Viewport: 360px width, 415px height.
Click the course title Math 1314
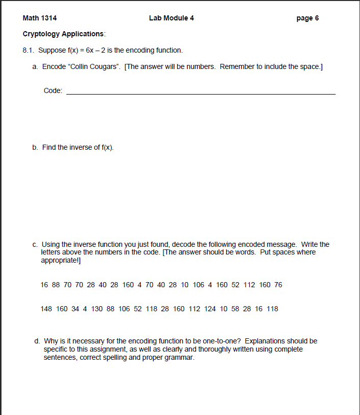tap(40, 18)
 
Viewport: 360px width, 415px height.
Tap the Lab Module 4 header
tap(171, 18)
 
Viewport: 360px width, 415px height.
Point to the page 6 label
tap(307, 18)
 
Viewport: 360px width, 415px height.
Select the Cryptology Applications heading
tap(64, 34)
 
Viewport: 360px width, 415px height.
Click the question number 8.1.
tap(29, 50)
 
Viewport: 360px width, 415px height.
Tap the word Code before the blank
tap(53, 90)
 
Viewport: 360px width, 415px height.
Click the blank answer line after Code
tap(201, 94)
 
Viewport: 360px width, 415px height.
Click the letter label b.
tap(35, 147)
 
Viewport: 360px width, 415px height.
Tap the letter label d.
tap(37, 341)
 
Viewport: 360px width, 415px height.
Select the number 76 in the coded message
tap(278, 285)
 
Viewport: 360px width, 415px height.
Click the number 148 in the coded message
tap(46, 309)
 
